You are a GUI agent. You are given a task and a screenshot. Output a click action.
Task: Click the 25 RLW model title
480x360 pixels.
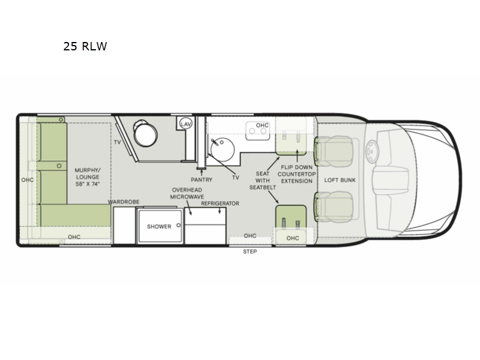click(85, 46)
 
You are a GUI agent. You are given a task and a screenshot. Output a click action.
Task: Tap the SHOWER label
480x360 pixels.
click(159, 227)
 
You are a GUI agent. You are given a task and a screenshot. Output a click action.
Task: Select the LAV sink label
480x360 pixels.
click(186, 124)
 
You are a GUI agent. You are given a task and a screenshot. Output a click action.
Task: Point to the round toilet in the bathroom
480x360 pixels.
click(145, 133)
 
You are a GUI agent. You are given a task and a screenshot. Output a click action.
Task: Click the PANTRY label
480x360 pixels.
click(202, 179)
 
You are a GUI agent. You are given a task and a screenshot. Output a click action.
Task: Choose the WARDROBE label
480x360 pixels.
click(124, 202)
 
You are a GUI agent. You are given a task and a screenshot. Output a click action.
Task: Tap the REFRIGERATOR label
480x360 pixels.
click(220, 203)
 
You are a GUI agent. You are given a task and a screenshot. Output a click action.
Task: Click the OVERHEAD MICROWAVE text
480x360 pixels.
click(187, 193)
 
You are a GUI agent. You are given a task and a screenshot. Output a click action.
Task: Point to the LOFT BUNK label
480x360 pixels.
click(340, 180)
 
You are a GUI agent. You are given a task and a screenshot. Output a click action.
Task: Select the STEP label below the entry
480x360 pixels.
click(250, 251)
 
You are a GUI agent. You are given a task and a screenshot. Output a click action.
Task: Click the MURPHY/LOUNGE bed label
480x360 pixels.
click(88, 177)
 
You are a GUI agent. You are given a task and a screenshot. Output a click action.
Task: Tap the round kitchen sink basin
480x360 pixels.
click(223, 149)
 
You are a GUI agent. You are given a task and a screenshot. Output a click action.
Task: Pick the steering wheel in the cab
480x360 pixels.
click(372, 151)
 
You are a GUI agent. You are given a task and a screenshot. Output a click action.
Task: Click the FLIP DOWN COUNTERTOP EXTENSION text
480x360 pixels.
click(296, 174)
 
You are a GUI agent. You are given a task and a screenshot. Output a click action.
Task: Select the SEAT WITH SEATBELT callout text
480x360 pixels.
click(263, 181)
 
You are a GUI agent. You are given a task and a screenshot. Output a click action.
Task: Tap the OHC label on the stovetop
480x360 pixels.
click(262, 125)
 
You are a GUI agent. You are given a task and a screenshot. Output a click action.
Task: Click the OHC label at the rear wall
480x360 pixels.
click(27, 180)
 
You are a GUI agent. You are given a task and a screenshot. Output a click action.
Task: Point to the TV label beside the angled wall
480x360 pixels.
click(117, 142)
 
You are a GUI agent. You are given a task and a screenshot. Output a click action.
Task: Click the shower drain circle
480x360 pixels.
click(178, 226)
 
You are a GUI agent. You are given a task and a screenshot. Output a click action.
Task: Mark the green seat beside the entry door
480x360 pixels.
click(291, 216)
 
